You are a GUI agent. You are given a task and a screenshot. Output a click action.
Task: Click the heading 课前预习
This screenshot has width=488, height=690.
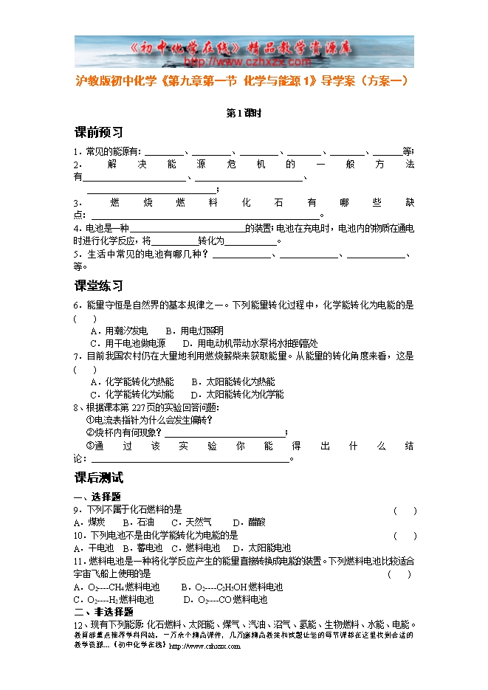(99, 133)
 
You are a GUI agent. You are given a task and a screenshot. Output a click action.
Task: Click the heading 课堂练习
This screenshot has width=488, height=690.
(99, 286)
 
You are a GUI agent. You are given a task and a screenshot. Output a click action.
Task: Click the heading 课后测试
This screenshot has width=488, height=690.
(99, 478)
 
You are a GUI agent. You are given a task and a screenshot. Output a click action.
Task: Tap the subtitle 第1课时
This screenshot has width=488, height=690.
(244, 113)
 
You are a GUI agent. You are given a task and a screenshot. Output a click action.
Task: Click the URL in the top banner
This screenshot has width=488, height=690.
(243, 62)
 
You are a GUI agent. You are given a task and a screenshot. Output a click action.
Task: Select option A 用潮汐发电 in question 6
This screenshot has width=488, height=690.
(119, 331)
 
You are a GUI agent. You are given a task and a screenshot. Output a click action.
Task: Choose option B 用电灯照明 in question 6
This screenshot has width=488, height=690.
(194, 331)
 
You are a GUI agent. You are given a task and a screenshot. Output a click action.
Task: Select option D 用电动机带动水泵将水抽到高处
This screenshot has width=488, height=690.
(251, 343)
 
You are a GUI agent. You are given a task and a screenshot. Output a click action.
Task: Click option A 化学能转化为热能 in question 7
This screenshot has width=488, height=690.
(132, 382)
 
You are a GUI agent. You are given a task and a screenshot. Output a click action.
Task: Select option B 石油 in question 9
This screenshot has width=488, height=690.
(137, 522)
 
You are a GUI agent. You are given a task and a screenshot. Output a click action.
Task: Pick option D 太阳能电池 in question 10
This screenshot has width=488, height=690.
(261, 548)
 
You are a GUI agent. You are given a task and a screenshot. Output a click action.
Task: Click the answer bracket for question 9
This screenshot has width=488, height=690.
(405, 510)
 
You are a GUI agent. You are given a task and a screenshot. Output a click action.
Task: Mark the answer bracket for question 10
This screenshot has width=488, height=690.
(405, 536)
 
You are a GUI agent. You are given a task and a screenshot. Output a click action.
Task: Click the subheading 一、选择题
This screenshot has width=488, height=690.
(97, 497)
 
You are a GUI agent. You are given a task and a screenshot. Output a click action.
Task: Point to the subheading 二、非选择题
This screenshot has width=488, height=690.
(103, 613)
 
